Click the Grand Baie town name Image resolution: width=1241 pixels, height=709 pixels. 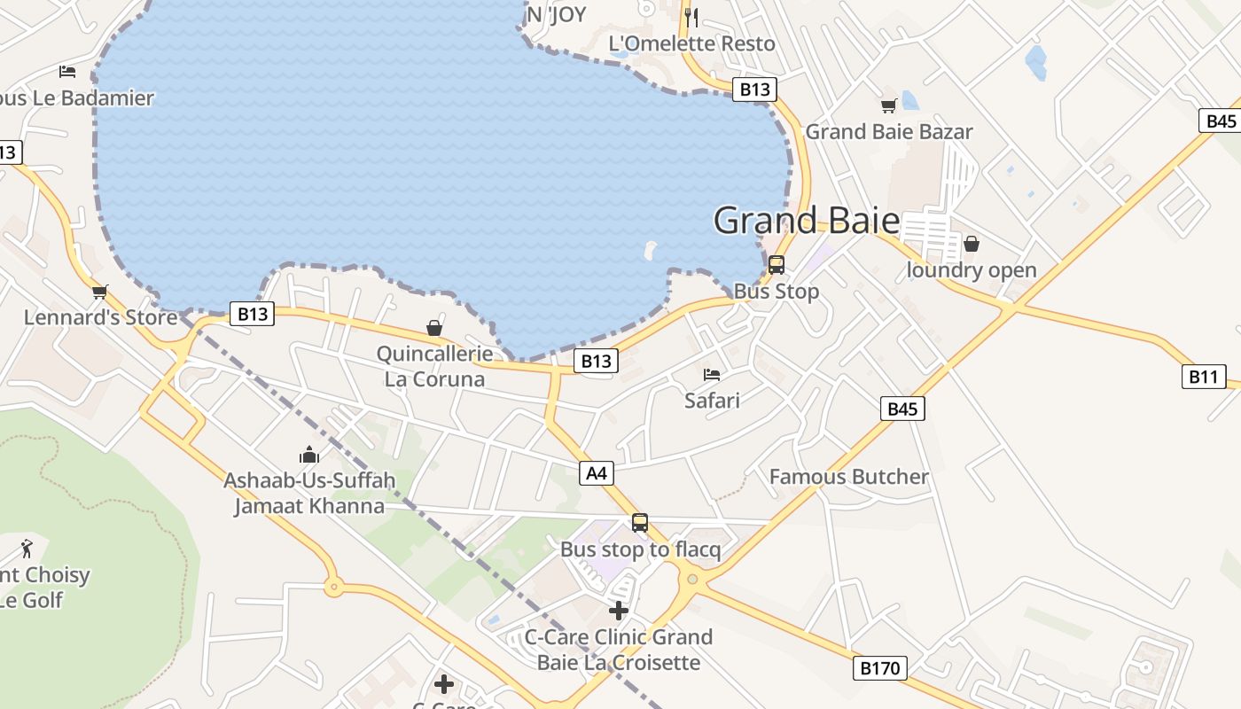pyautogui.click(x=806, y=221)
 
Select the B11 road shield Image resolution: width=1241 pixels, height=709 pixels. pyautogui.click(x=1203, y=377)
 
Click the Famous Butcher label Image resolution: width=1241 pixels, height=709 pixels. pyautogui.click(x=848, y=477)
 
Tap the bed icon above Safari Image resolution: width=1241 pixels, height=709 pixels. pyautogui.click(x=712, y=375)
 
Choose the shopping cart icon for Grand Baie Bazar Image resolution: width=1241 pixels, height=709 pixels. pyautogui.click(x=888, y=106)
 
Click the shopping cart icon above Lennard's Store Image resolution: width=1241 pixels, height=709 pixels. pyautogui.click(x=100, y=292)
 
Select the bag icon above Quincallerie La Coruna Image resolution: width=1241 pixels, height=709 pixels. pyautogui.click(x=434, y=329)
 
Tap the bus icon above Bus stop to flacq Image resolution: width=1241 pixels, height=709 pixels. pyautogui.click(x=640, y=523)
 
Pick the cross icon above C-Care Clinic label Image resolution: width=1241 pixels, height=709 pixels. pyautogui.click(x=619, y=611)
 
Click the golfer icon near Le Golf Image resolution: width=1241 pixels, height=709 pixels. pyautogui.click(x=27, y=549)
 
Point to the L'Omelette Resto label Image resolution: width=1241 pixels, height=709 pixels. pyautogui.click(x=691, y=43)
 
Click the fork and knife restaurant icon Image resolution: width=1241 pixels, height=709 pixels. pyautogui.click(x=692, y=16)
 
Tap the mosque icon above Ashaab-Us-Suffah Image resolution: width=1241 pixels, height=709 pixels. pyautogui.click(x=309, y=456)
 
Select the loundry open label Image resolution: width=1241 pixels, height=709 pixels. pyautogui.click(x=972, y=270)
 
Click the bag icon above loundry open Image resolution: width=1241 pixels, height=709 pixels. pyautogui.click(x=972, y=244)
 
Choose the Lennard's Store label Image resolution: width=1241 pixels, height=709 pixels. pyautogui.click(x=100, y=317)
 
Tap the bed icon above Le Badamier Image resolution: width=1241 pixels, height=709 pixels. pyautogui.click(x=67, y=72)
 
